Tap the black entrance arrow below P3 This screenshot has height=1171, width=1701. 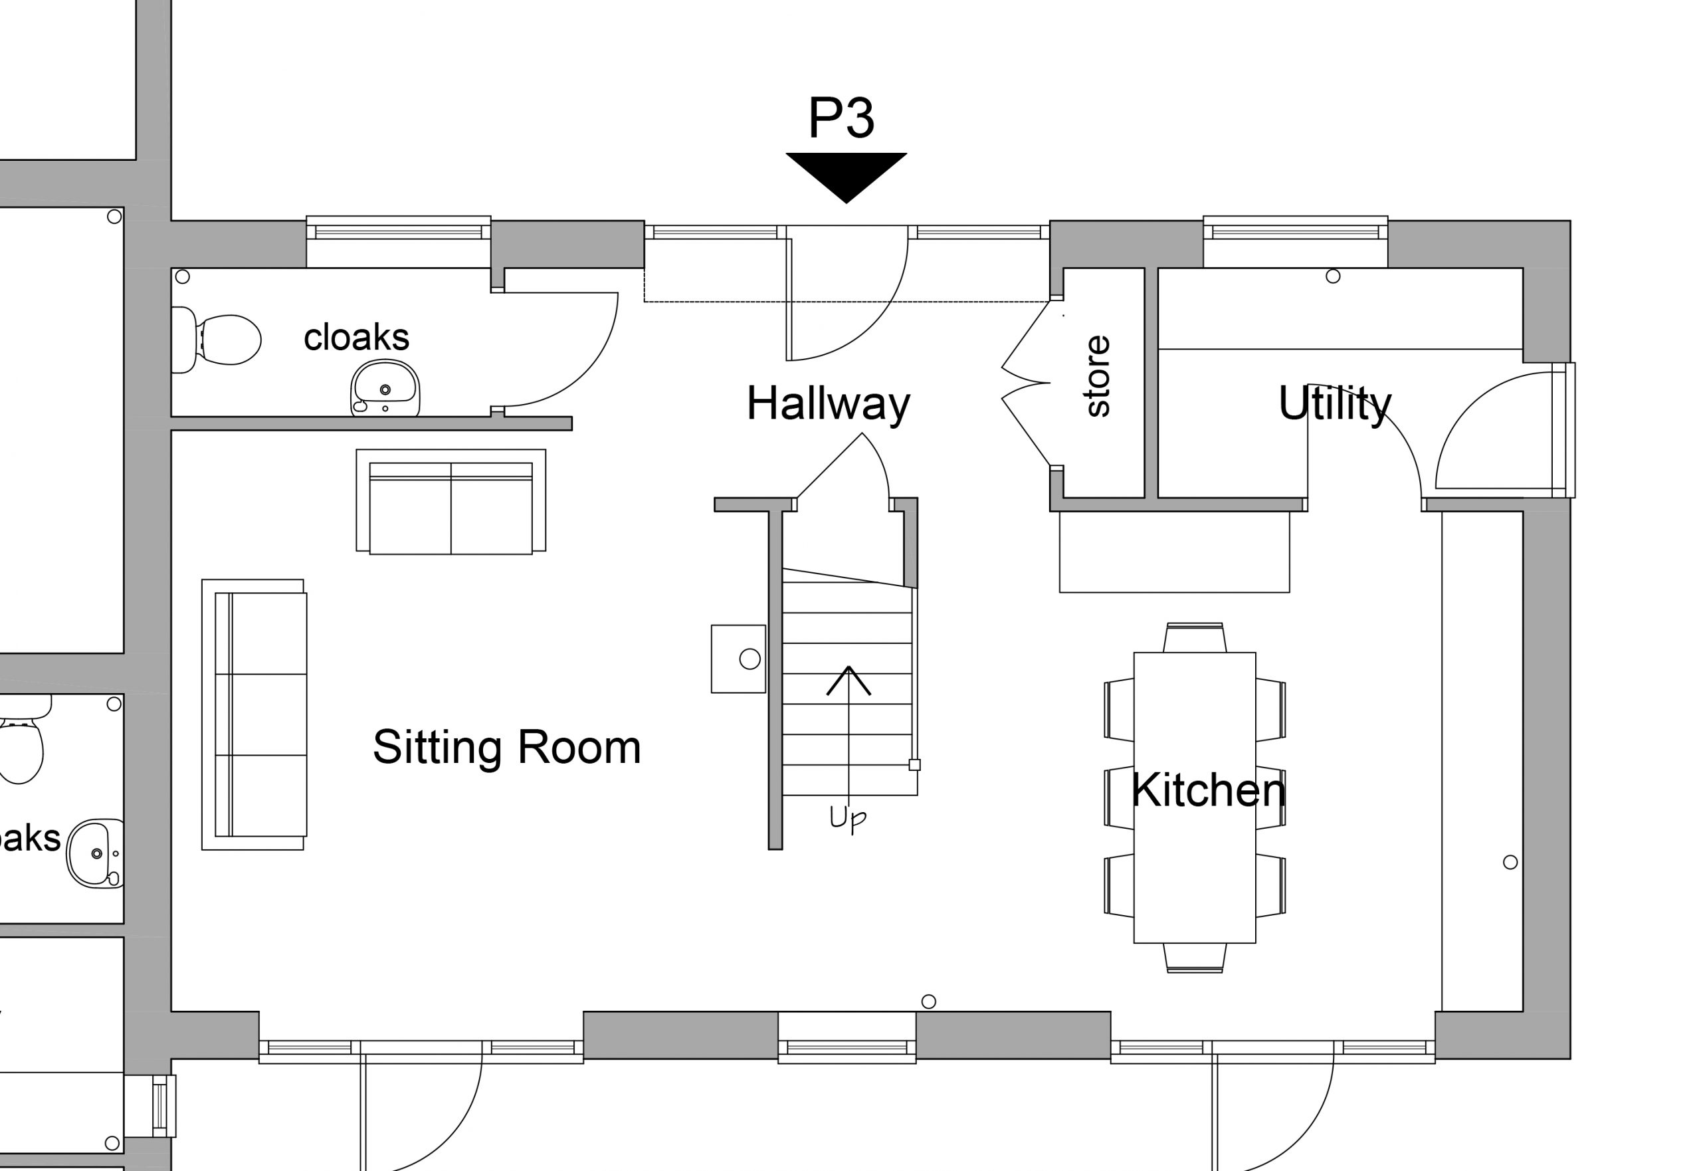pos(847,176)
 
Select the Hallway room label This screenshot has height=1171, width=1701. pos(828,404)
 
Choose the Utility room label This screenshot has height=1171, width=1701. pos(1334,404)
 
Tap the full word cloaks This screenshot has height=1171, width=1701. pos(357,338)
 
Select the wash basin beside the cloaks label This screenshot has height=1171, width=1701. pos(385,389)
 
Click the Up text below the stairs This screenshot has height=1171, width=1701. pos(847,819)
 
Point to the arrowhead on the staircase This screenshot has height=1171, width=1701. pos(849,678)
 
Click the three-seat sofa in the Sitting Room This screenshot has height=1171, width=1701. pos(254,714)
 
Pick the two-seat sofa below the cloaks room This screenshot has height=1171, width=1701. pos(451,502)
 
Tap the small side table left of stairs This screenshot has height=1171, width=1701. pos(739,659)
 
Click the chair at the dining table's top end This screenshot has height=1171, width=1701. pos(1194,637)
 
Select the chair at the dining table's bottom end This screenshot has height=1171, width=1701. pos(1194,958)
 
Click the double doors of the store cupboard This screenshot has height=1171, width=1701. pos(1026,382)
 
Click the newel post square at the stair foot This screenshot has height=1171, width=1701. pos(915,764)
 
